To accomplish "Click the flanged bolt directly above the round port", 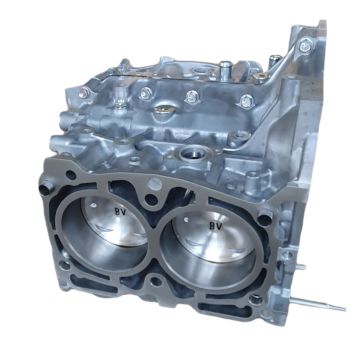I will click(x=190, y=98).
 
